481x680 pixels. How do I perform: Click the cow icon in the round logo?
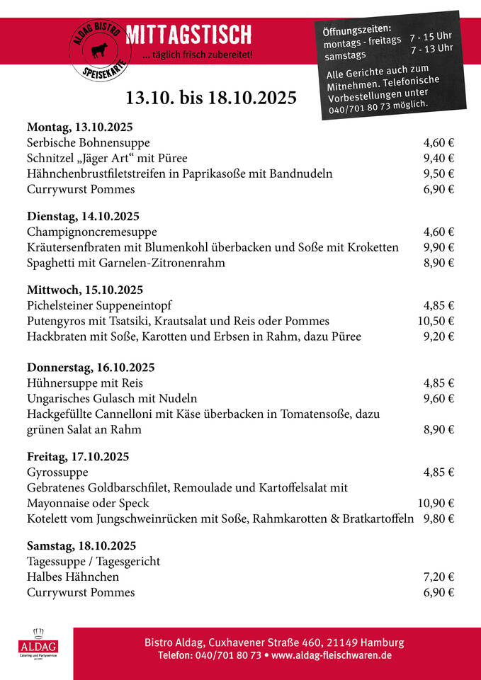coord(96,52)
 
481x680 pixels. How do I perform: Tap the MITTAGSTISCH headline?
coord(188,33)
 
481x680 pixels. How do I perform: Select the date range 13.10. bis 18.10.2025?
coord(211,97)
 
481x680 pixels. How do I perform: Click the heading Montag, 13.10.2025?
coord(80,127)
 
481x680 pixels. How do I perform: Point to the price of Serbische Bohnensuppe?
coord(438,143)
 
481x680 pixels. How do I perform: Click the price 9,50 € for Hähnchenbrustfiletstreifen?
coord(438,174)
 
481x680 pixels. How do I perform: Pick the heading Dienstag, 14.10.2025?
coord(83,216)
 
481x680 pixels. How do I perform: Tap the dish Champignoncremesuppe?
coord(92,232)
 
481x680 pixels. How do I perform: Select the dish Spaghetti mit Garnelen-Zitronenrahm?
coord(126,263)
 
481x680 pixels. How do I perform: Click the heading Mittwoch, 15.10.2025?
coord(85,290)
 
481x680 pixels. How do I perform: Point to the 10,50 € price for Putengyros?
coord(436,321)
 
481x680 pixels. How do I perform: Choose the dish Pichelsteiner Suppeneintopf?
coord(106,305)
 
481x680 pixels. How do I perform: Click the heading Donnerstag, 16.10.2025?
coord(91,367)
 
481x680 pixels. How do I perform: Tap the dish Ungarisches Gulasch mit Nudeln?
coord(112,398)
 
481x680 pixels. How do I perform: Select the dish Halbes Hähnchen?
coord(73,577)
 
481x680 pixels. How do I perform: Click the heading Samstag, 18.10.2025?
coord(81,546)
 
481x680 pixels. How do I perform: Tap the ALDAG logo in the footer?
coord(38,644)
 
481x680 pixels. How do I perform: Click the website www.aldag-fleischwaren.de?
coord(332,656)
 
